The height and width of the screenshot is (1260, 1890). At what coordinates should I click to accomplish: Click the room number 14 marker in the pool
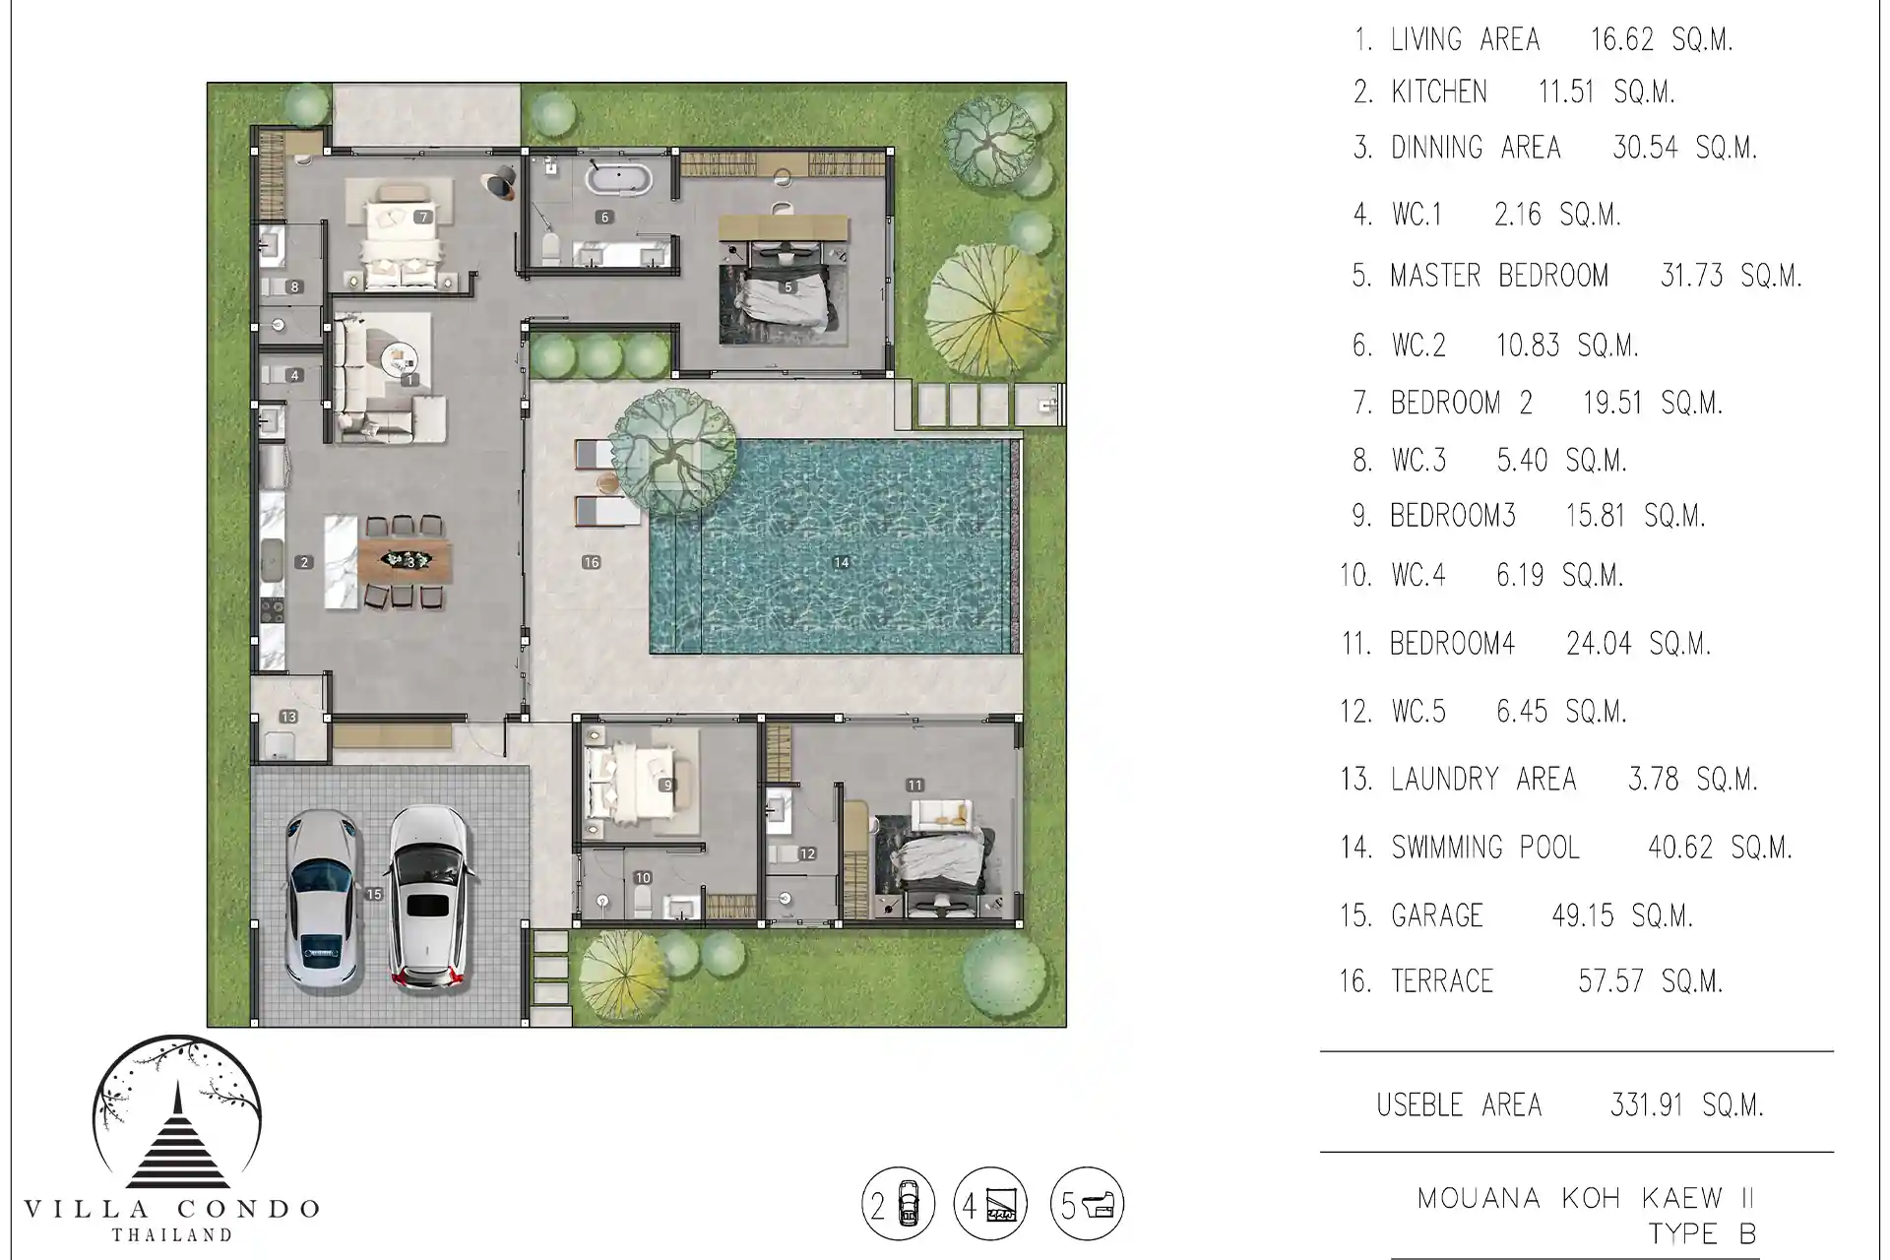pyautogui.click(x=841, y=563)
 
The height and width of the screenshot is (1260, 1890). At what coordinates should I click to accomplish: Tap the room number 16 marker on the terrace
pyautogui.click(x=591, y=563)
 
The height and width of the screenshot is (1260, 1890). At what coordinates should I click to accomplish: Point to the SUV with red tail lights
pyautogui.click(x=427, y=896)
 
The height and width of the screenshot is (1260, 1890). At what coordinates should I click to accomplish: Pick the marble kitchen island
pyautogui.click(x=341, y=561)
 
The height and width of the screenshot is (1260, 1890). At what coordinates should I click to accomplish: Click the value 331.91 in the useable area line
pyautogui.click(x=1647, y=1105)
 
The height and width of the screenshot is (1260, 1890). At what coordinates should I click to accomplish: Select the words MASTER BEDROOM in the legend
pyautogui.click(x=1499, y=276)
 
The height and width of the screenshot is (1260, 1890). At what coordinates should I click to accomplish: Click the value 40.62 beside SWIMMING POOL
pyautogui.click(x=1680, y=848)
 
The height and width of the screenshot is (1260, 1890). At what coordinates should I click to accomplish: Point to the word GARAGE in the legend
pyautogui.click(x=1436, y=915)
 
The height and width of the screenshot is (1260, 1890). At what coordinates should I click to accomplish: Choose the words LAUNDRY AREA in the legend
pyautogui.click(x=1483, y=780)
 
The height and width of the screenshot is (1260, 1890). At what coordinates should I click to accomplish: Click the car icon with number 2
pyautogui.click(x=899, y=1203)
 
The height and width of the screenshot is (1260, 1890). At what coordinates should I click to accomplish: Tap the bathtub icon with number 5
pyautogui.click(x=1087, y=1203)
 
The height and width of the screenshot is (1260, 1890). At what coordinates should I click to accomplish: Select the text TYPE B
pyautogui.click(x=1703, y=1233)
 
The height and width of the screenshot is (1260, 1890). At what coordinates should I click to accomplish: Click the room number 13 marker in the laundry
pyautogui.click(x=288, y=718)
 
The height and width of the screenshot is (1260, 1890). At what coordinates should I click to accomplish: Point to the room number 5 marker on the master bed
pyautogui.click(x=787, y=287)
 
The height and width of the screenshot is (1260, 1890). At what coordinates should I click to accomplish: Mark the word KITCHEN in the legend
pyautogui.click(x=1439, y=92)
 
